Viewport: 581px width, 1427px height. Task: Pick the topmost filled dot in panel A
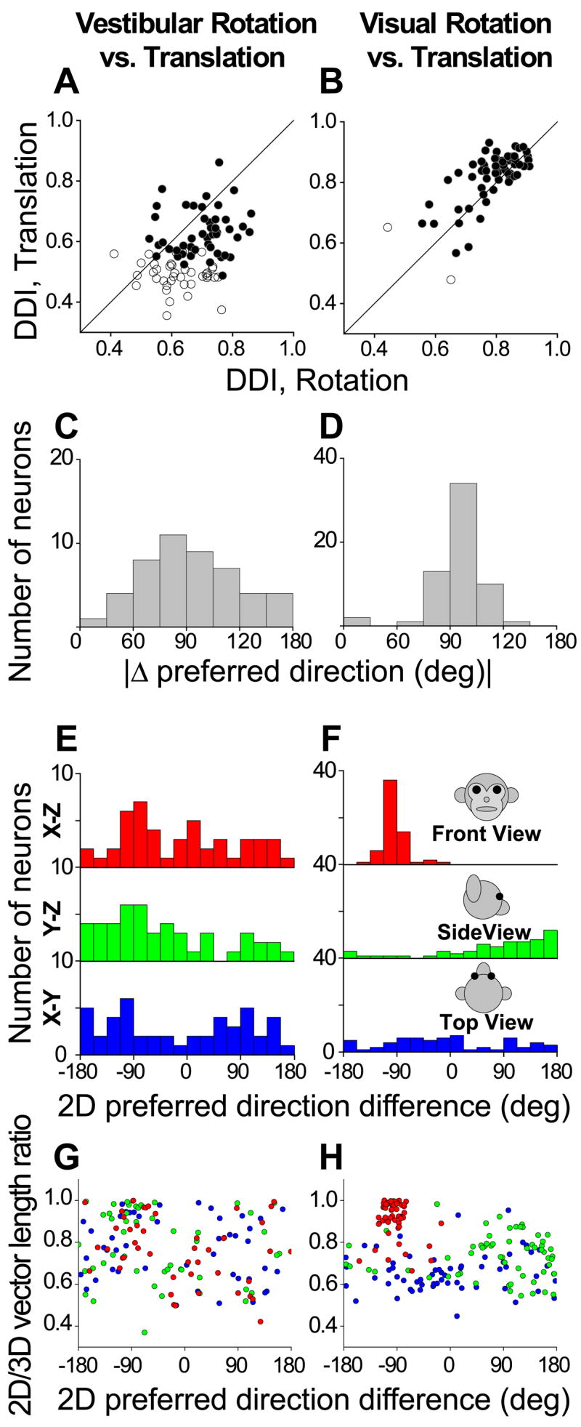[x=219, y=162]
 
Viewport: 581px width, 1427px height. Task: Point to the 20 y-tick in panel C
[x=57, y=459]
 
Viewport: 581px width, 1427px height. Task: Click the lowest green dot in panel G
[x=145, y=1332]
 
